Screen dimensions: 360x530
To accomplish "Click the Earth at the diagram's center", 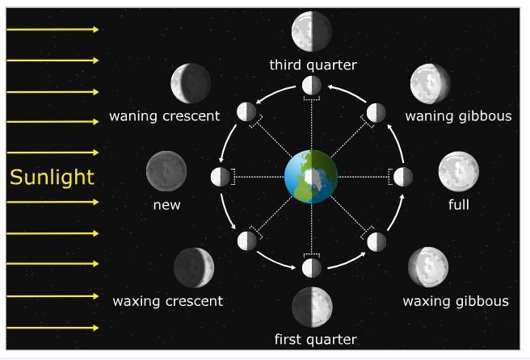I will click(x=311, y=177).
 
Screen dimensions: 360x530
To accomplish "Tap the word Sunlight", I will click(x=52, y=178).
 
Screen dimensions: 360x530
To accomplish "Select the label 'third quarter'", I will click(x=313, y=65).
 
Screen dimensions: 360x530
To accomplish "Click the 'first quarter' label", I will click(x=315, y=339).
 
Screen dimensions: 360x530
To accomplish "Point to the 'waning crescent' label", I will click(x=165, y=116).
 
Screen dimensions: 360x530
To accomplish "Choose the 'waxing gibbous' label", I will click(x=456, y=302).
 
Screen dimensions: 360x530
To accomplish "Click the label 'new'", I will click(x=166, y=205).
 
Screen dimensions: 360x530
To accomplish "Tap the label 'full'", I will click(x=458, y=205).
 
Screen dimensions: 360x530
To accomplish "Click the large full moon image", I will click(x=459, y=171).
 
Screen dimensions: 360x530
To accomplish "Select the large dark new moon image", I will click(x=166, y=171).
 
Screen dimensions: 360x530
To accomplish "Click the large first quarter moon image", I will click(x=312, y=307).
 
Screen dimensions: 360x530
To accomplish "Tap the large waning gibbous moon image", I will click(x=430, y=83).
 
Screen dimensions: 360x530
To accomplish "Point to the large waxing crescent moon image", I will click(x=194, y=268).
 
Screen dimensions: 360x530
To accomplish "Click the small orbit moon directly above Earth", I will click(x=312, y=86).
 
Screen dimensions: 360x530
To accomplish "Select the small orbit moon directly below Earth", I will click(x=312, y=268).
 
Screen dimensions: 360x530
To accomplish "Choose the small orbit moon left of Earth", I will click(x=221, y=177).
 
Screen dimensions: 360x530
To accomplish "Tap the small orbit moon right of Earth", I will click(x=402, y=177).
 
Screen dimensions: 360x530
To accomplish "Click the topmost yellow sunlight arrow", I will click(x=53, y=30).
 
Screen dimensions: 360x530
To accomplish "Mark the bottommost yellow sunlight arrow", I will click(x=53, y=328).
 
